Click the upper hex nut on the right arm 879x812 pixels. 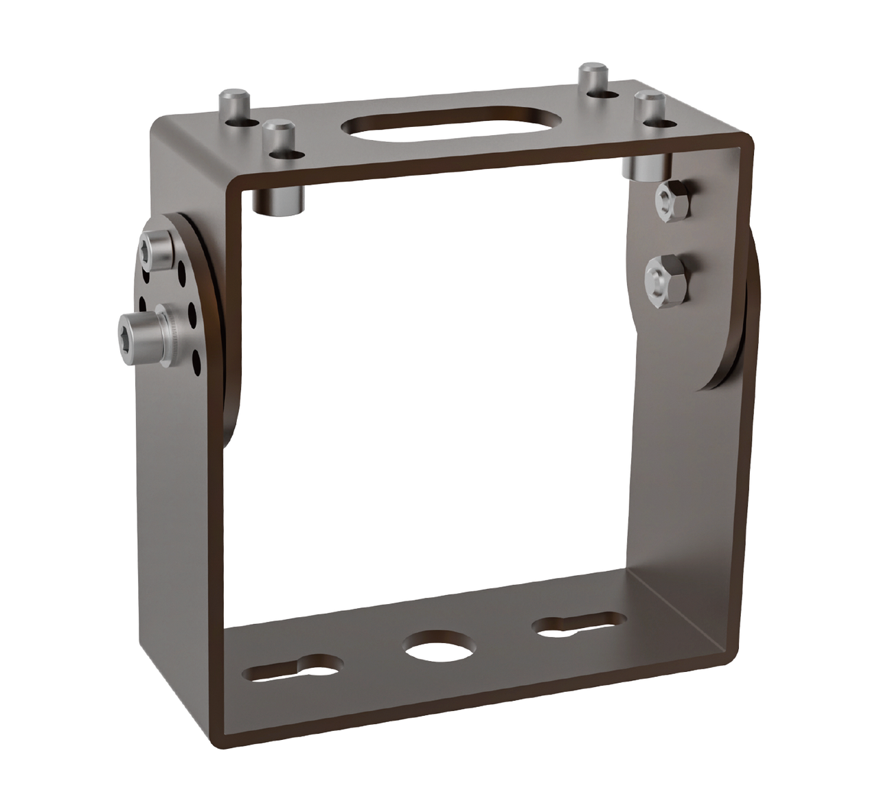669,199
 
